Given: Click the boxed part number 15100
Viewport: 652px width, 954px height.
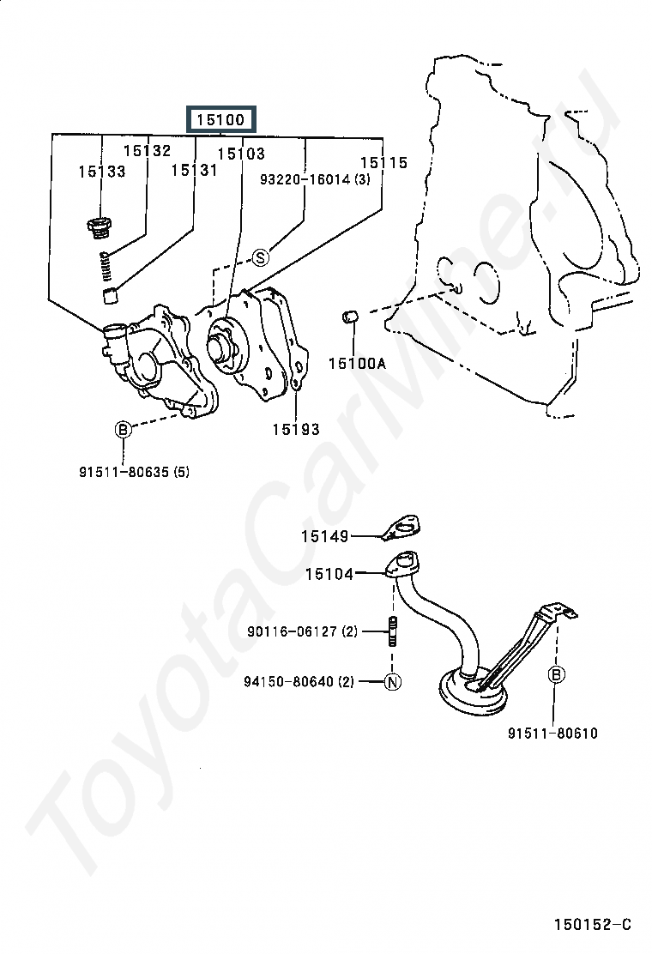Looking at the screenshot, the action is point(220,119).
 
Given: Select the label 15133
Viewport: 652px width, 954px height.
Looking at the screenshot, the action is point(102,172).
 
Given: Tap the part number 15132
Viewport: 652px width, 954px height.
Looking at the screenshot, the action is point(148,150).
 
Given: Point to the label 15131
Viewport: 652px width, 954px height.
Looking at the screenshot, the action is point(194,171).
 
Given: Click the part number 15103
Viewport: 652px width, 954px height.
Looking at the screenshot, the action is point(241,154).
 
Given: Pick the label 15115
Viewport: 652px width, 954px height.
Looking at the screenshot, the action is point(383,162).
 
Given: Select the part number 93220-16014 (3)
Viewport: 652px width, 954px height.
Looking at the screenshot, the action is point(315,179).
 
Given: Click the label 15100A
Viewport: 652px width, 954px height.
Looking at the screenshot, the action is point(357,364).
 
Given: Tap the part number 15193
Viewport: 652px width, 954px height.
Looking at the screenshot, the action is point(296,430).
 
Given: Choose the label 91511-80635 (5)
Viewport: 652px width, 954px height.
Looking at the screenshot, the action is point(134,472).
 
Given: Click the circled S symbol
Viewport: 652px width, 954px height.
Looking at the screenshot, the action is point(260,258).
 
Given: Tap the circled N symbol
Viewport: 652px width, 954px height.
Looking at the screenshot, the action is point(393,682).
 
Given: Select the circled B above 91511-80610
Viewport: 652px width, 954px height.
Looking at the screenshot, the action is point(556,674).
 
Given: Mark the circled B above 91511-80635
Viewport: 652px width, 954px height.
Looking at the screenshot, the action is point(123,430).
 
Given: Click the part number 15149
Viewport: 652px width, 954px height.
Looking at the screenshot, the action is point(325,536).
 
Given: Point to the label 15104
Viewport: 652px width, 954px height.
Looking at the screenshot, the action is point(329,574).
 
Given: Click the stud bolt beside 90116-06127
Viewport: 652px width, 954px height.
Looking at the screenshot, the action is point(392,631).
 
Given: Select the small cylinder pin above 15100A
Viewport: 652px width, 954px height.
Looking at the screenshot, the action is point(350,317).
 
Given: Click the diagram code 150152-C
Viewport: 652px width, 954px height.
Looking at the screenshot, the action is point(593,925).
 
